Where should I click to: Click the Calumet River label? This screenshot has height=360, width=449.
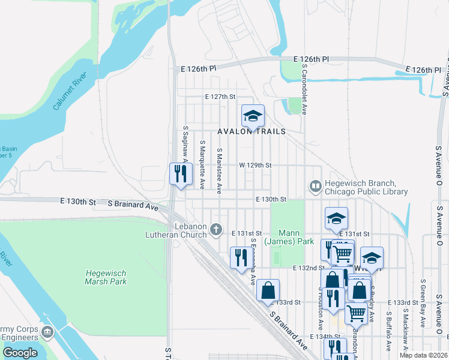(x=70, y=92)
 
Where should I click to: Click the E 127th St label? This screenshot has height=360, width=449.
(x=220, y=96)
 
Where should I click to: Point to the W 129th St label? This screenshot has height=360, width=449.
(x=255, y=164)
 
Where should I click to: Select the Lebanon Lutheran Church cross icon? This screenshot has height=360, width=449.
(x=217, y=229)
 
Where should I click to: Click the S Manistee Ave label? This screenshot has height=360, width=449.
(x=220, y=170)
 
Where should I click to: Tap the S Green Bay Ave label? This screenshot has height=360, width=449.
(x=423, y=304)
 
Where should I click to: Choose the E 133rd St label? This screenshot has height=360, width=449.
(x=403, y=302)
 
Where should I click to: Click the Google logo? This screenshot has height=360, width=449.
(x=20, y=352)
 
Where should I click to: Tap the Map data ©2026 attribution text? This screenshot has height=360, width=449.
(x=424, y=355)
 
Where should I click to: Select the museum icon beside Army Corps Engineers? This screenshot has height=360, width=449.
(x=47, y=332)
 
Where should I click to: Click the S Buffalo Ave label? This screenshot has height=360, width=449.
(x=388, y=331)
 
